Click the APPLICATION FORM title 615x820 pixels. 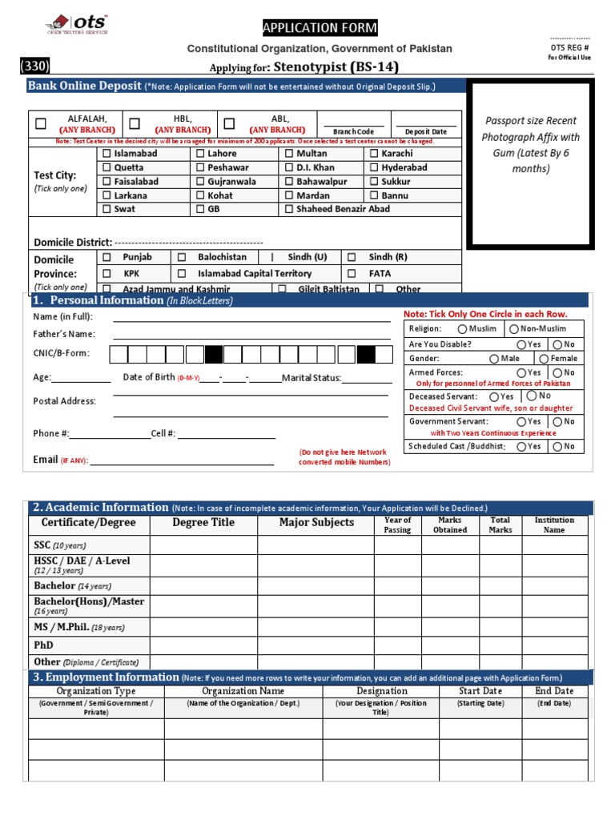320,29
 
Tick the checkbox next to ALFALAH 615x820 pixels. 41,124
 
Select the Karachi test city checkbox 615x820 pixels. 374,153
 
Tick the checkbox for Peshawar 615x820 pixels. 200,167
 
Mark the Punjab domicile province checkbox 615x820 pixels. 107,257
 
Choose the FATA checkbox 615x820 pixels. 352,273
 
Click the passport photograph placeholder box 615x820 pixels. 530,164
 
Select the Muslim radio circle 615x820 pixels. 463,329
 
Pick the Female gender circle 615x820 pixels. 544,359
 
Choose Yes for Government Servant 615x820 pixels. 522,421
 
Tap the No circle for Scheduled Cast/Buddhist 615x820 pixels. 557,446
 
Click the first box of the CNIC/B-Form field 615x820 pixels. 118,354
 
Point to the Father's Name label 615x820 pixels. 64,335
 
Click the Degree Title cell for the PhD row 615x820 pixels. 203,645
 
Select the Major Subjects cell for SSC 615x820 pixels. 316,545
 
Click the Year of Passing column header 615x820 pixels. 397,525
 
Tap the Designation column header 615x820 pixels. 382,691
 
